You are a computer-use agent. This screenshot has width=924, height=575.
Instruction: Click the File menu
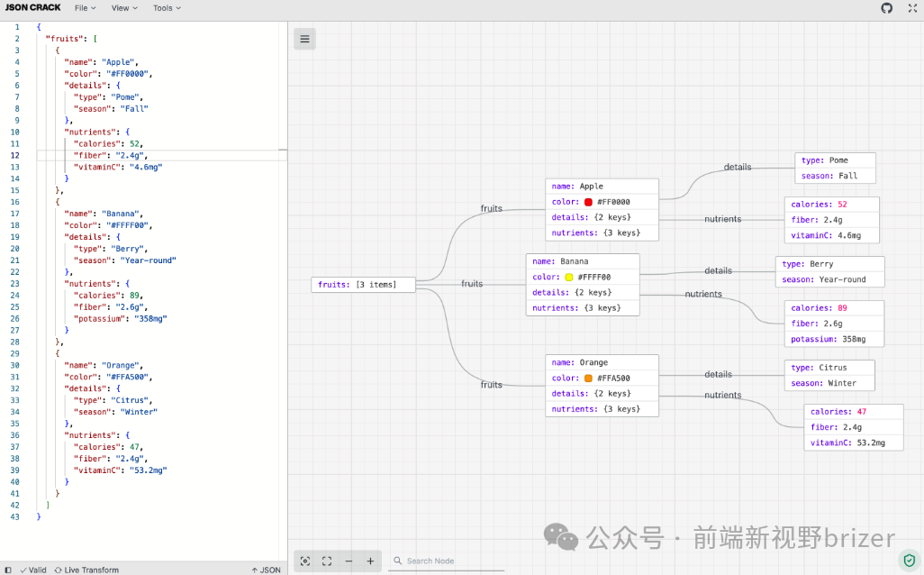point(85,8)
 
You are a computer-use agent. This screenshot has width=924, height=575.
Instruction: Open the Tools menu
point(166,8)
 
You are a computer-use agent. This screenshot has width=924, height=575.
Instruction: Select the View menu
point(124,8)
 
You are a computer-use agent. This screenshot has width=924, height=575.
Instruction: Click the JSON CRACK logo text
point(33,8)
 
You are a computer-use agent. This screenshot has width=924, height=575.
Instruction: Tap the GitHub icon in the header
point(886,8)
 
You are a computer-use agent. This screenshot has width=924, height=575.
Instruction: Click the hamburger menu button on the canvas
point(304,39)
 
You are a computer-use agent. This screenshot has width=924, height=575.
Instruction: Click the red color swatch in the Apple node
point(588,202)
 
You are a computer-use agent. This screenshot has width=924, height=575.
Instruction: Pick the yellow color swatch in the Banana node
point(568,278)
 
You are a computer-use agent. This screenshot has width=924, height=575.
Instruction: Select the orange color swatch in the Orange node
point(588,379)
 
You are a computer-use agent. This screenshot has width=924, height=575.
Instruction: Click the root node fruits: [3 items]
point(363,285)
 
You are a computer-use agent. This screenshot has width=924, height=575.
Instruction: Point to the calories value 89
point(843,308)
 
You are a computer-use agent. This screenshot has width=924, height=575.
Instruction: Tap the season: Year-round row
point(829,279)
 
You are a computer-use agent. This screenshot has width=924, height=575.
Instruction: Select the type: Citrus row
point(829,368)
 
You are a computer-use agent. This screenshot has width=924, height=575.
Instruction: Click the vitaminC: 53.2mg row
point(852,443)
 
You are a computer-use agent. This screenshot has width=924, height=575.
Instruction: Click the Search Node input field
point(450,561)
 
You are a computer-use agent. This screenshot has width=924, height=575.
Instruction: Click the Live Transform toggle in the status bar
point(86,570)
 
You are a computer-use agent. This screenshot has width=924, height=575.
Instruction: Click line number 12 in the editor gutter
point(15,155)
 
